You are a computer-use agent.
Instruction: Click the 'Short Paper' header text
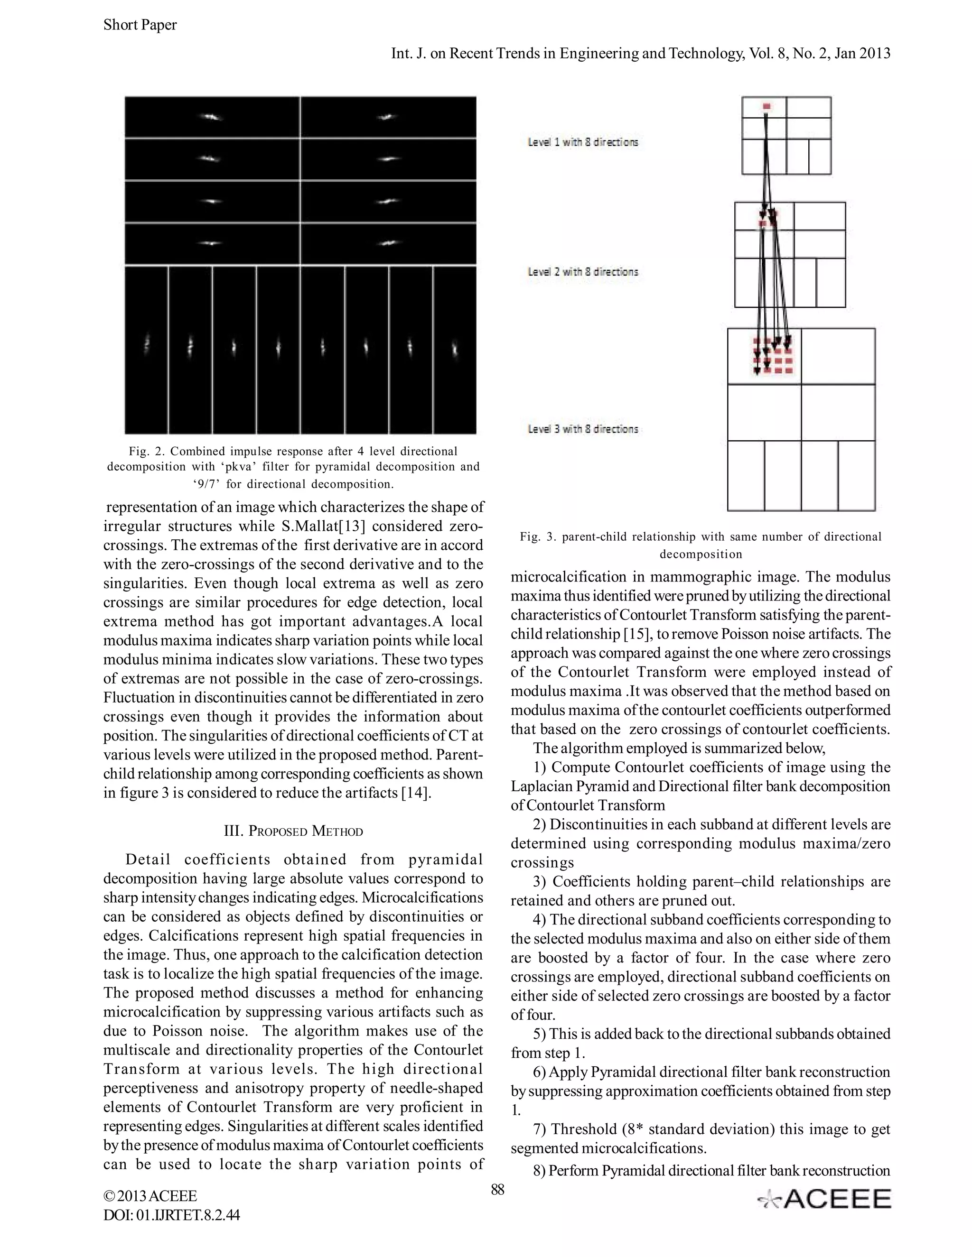pyautogui.click(x=140, y=25)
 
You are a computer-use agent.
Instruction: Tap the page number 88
pyautogui.click(x=497, y=1189)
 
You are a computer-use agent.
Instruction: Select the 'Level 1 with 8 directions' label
pyautogui.click(x=583, y=142)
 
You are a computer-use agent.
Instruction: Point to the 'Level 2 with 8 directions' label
pyautogui.click(x=583, y=272)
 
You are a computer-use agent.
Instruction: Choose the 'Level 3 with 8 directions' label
pyautogui.click(x=583, y=429)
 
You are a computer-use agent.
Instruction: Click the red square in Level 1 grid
pyautogui.click(x=766, y=106)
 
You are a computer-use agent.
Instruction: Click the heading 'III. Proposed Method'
pyautogui.click(x=293, y=831)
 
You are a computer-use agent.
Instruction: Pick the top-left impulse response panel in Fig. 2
pyautogui.click(x=212, y=117)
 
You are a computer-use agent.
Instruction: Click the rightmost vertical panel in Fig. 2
pyautogui.click(x=454, y=350)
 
